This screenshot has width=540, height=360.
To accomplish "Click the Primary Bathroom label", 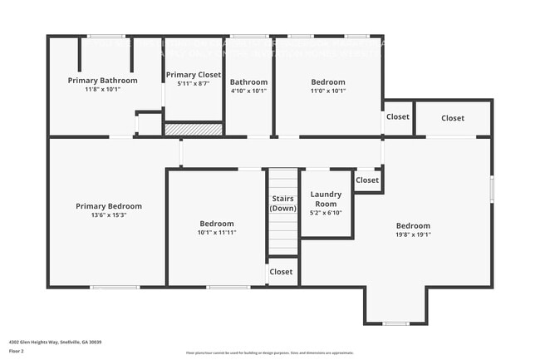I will (x=102, y=80).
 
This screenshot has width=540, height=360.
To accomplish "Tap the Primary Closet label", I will (x=193, y=75).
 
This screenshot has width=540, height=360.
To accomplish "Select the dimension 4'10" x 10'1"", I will (x=248, y=91).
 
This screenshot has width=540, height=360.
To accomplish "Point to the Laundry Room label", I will (x=325, y=199).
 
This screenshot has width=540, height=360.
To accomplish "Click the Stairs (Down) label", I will (x=282, y=204).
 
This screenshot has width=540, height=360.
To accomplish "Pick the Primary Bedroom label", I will (x=108, y=206).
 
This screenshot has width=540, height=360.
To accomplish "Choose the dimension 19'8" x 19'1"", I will (x=412, y=234).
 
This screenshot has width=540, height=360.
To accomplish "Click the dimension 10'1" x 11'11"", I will (x=216, y=233).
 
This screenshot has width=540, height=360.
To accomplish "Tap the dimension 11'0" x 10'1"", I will (x=328, y=91).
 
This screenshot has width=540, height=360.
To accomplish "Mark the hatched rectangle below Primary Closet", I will (x=193, y=130).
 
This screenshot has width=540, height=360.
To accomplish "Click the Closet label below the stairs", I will (x=281, y=272).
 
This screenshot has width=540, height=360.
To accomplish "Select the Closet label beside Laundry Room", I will (x=367, y=180).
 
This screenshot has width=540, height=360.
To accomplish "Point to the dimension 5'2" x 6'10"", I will (x=325, y=212).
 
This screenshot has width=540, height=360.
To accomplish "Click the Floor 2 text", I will (x=17, y=351).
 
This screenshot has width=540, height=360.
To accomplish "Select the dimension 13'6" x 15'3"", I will (x=108, y=215).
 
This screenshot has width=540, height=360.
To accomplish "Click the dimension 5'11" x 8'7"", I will (x=193, y=83).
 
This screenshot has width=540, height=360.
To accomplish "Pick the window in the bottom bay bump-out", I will (x=395, y=323).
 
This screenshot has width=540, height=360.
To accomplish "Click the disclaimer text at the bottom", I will (x=269, y=353).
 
